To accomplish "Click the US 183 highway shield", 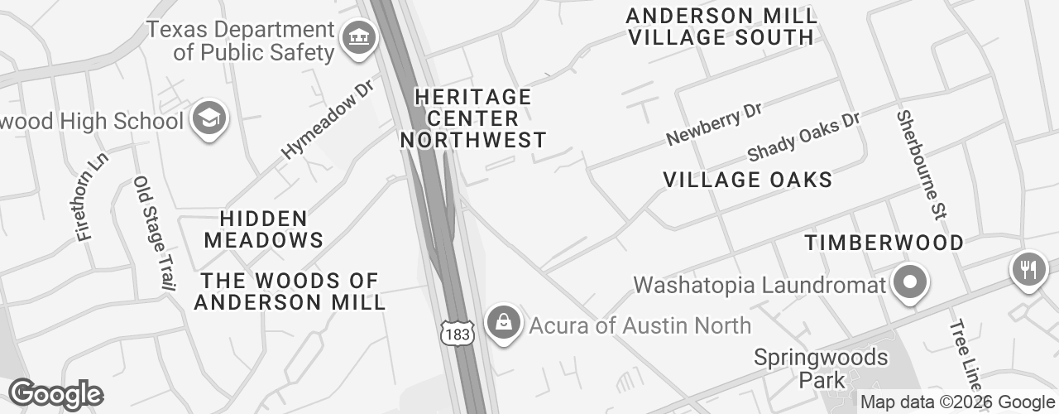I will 457,334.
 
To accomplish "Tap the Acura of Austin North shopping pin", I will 503,323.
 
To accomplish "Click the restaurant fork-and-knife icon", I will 1028,270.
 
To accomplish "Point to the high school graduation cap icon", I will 209,120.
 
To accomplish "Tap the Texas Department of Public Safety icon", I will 359,38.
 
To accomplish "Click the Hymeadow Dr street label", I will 328,119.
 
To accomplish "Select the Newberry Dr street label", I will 713,124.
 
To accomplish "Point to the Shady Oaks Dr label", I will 803,137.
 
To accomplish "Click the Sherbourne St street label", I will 920,165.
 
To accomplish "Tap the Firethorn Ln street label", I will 92,196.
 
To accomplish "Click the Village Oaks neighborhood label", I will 747,180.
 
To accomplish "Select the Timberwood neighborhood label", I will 884,243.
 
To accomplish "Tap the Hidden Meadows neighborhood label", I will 264,229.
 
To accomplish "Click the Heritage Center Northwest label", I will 473,118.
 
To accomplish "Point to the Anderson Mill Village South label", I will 721,26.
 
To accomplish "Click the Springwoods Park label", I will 821,368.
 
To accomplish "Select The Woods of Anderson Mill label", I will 290,291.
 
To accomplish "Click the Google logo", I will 55,394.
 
